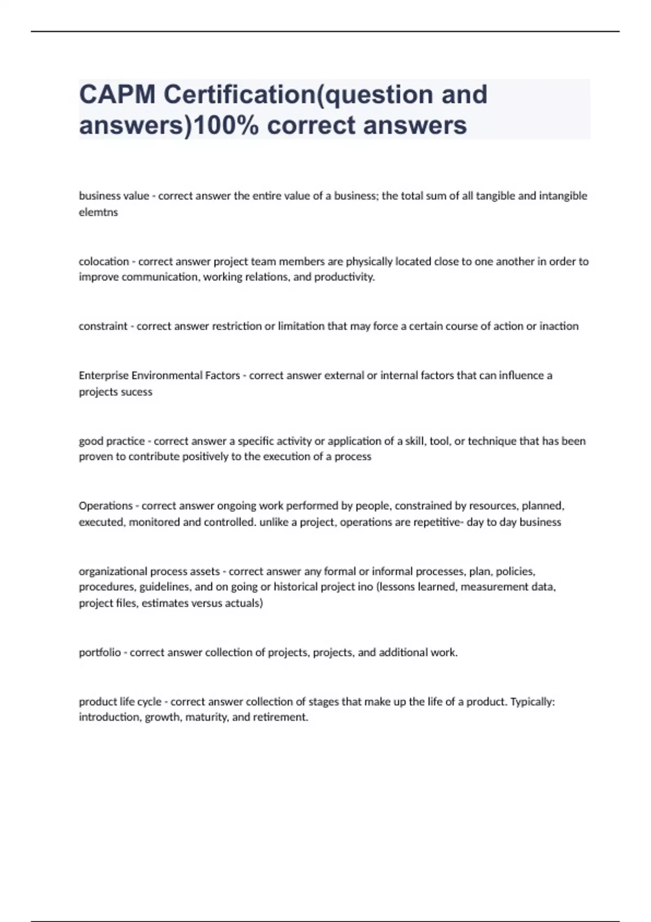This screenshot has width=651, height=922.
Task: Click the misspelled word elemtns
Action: (x=98, y=212)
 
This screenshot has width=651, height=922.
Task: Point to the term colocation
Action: (x=104, y=261)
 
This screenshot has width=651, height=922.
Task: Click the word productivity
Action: (x=344, y=277)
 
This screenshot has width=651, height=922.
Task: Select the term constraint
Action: (x=103, y=326)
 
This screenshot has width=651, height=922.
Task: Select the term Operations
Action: (x=106, y=505)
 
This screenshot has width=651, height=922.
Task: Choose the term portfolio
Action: (x=100, y=652)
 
